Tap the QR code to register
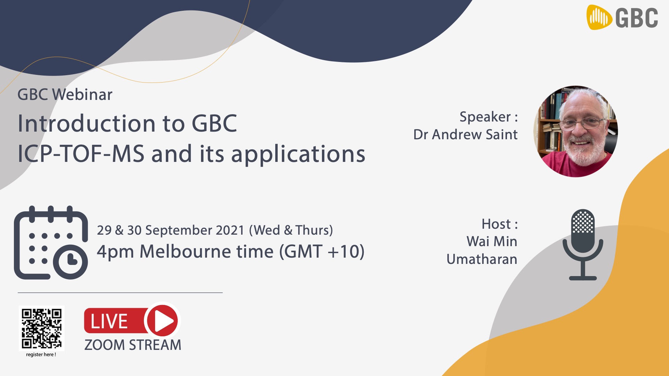pos(41,328)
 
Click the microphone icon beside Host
pos(583,244)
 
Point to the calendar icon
pos(51,243)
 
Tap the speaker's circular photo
pos(576,132)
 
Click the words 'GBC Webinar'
pos(65,95)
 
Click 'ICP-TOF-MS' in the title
pos(81,154)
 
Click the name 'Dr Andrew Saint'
pos(466,134)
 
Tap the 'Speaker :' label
pos(489,117)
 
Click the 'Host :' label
pos(500,224)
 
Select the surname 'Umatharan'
pos(482,259)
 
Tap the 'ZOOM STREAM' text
pos(133,345)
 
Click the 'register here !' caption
pos(41,355)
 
